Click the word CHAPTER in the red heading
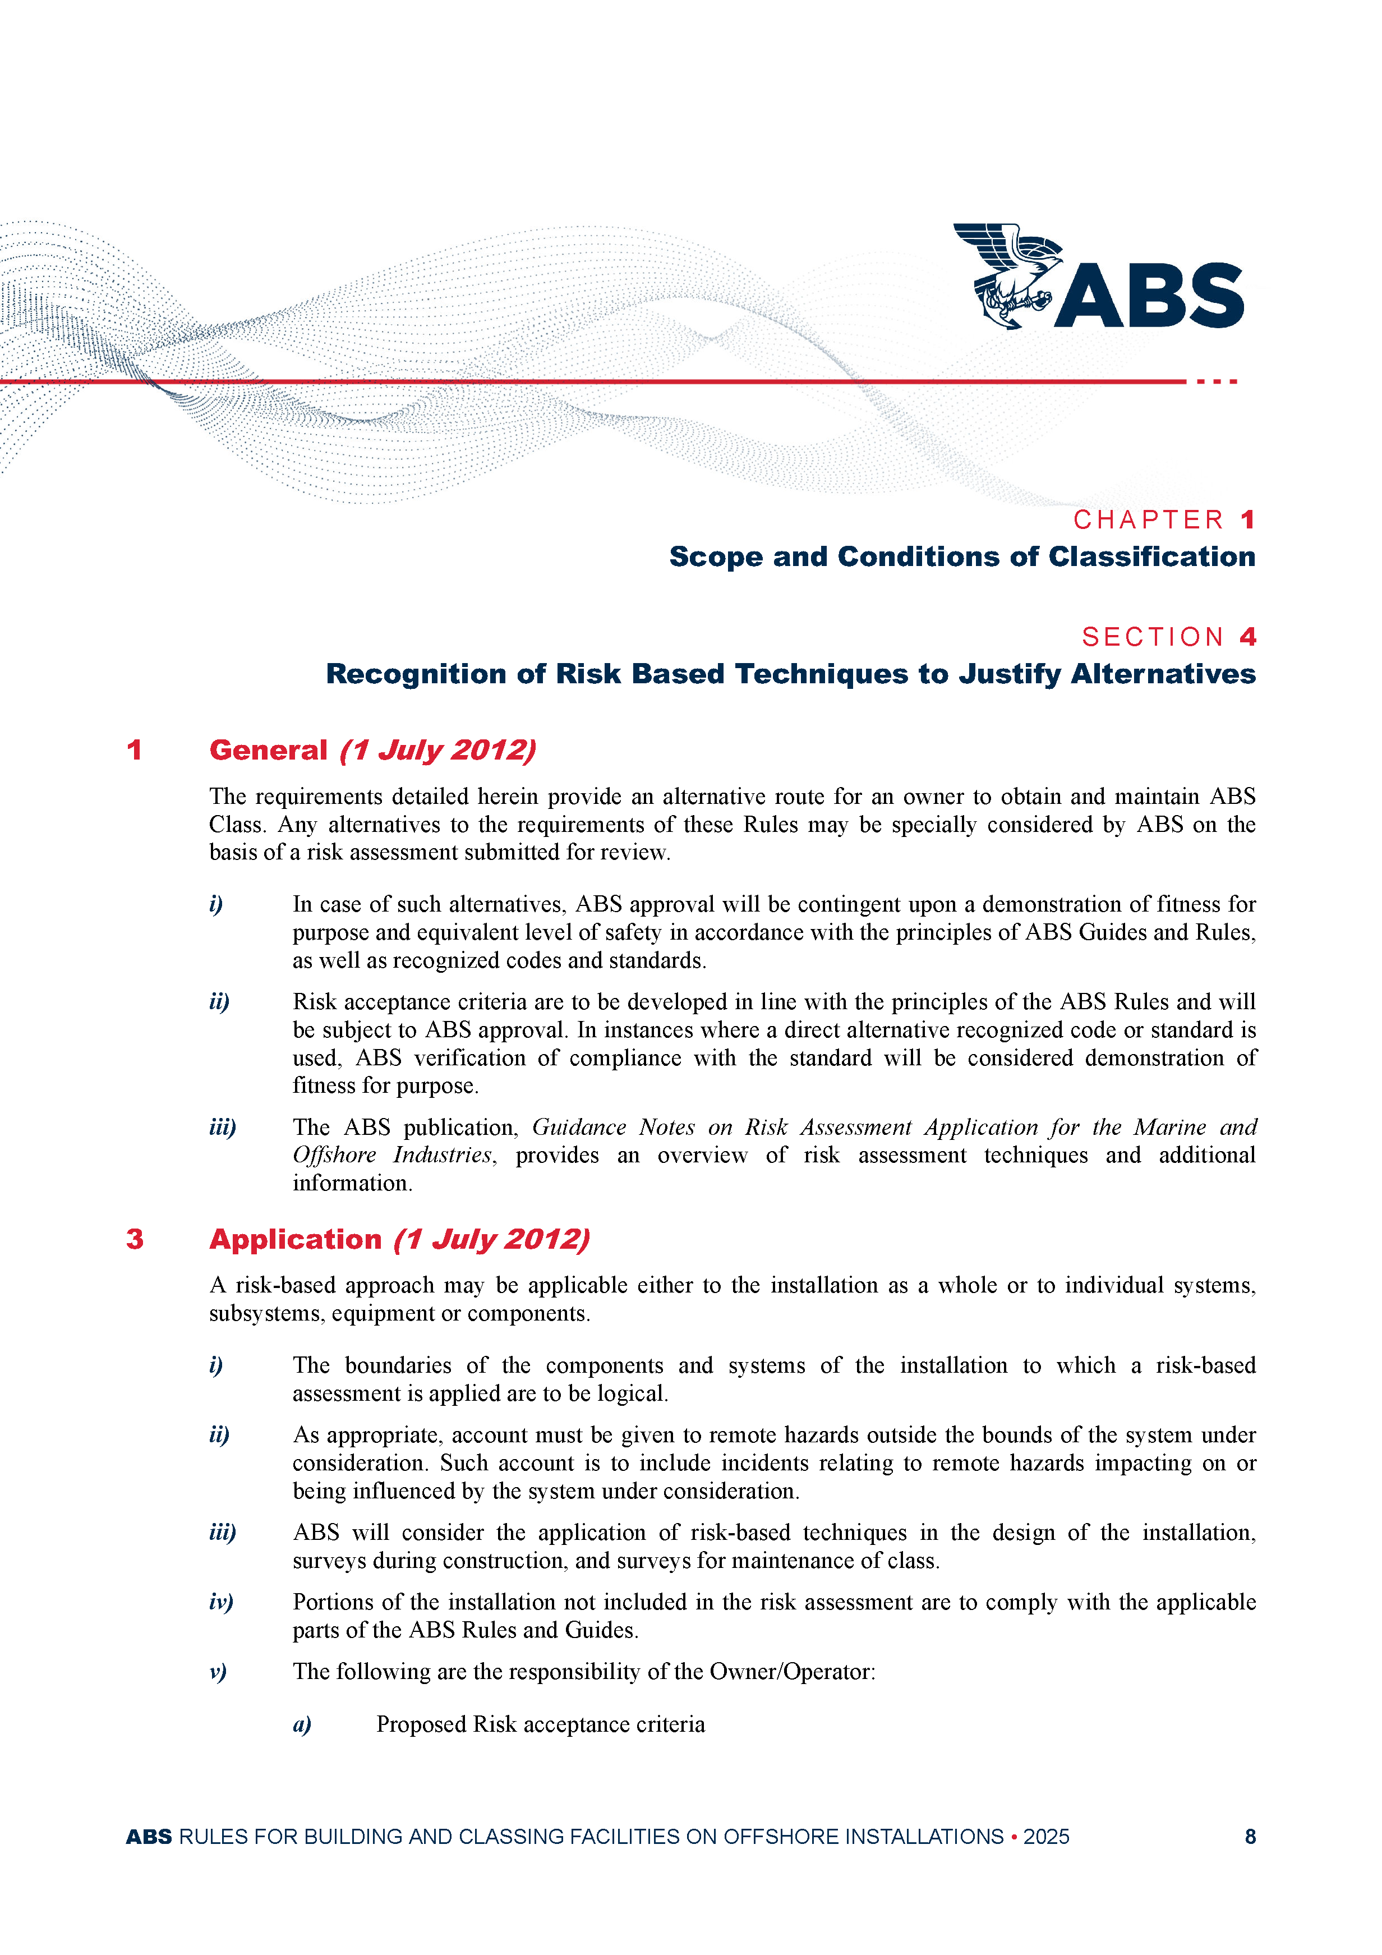tap(1148, 519)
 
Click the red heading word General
tap(268, 750)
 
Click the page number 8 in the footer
tap(1250, 1837)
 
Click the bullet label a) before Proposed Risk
tap(302, 1724)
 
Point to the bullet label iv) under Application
tap(220, 1603)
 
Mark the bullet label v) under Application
tap(218, 1672)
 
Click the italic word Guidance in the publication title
tap(579, 1128)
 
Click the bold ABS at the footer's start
tap(149, 1837)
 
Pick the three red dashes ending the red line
tap(1216, 381)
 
